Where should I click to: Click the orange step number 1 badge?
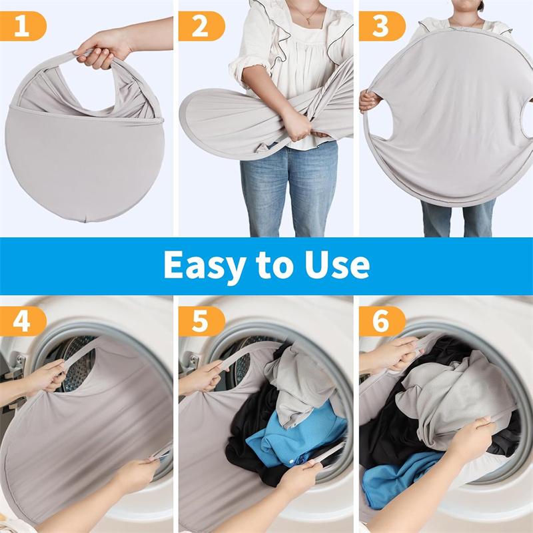23,26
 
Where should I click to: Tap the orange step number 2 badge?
201,26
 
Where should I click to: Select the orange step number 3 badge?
382,26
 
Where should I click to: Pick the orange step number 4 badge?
23,321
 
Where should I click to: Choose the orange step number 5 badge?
201,321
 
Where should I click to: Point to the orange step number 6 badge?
382,321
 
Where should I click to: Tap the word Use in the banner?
337,265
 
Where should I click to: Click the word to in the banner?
275,265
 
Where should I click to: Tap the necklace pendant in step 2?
308,21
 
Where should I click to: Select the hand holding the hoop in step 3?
370,101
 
